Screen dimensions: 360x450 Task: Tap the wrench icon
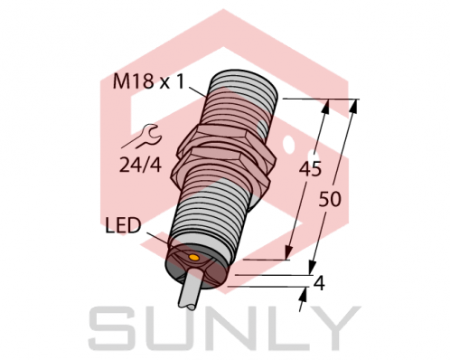point(145,138)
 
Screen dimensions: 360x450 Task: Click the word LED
point(124,225)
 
